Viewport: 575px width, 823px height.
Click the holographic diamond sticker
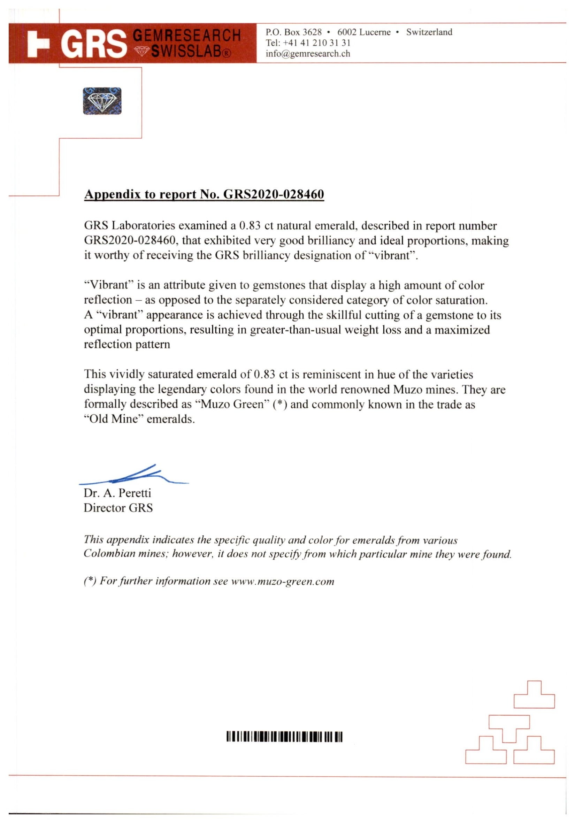(x=102, y=101)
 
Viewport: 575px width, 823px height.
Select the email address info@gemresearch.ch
(x=308, y=54)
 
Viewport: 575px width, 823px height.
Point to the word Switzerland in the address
(x=429, y=32)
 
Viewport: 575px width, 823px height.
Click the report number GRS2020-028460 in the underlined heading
(x=274, y=194)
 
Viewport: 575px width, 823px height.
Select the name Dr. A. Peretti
(x=117, y=493)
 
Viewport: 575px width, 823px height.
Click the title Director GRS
(x=118, y=508)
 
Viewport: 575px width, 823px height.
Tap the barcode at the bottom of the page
(x=284, y=737)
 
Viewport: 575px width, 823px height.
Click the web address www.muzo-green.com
(x=283, y=582)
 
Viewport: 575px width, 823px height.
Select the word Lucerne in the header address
(x=375, y=32)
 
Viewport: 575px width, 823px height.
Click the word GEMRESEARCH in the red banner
(x=186, y=36)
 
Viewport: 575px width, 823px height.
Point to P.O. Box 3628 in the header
(x=293, y=32)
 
